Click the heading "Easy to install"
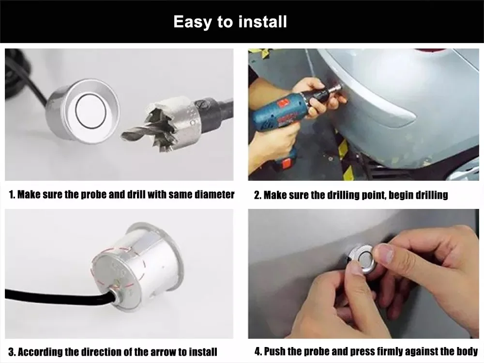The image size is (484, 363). point(230,22)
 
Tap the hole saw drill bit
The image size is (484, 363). point(170,122)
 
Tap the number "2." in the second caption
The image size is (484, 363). point(258,195)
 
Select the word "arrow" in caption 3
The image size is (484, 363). point(154,351)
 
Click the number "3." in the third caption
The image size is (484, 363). point(12,351)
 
